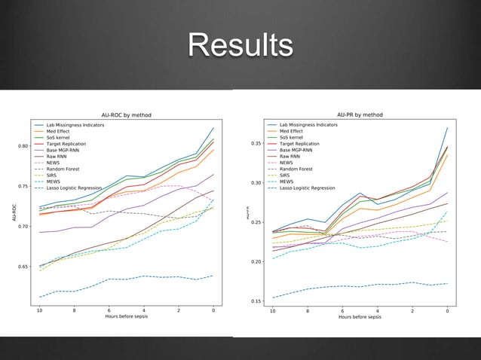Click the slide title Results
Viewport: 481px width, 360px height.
240,45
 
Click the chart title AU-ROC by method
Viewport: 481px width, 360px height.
127,115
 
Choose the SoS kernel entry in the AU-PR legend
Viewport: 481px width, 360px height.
294,137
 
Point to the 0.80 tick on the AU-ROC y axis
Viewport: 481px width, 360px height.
23,146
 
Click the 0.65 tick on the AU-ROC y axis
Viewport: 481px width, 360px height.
23,267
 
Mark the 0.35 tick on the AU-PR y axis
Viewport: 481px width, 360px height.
255,143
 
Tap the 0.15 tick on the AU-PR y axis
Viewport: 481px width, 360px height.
255,301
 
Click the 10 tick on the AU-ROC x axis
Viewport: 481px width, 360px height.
39,310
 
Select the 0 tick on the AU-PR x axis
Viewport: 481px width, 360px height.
448,310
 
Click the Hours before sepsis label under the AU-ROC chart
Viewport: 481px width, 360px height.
127,317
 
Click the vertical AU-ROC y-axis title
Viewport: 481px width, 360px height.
13,212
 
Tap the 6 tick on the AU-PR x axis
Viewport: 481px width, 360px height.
343,310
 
